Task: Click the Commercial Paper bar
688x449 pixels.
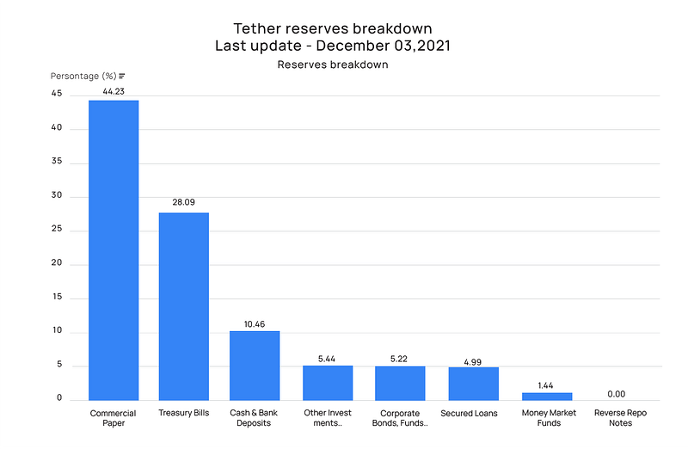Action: [x=114, y=249]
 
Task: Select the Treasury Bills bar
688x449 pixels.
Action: [x=183, y=305]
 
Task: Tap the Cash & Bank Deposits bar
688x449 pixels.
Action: [x=255, y=365]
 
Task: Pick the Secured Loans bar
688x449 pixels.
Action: [x=473, y=383]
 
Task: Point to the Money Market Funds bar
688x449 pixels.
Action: [x=546, y=396]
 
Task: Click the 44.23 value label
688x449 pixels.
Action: [x=114, y=92]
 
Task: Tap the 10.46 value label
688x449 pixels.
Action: [x=255, y=323]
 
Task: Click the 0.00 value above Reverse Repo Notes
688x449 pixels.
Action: [x=616, y=393]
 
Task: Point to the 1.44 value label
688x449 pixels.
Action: [x=545, y=385]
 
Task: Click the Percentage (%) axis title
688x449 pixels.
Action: [x=83, y=77]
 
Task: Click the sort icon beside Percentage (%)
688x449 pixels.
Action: [x=122, y=77]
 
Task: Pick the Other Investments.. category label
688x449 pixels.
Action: [x=328, y=418]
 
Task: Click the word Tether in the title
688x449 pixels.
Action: [x=260, y=28]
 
